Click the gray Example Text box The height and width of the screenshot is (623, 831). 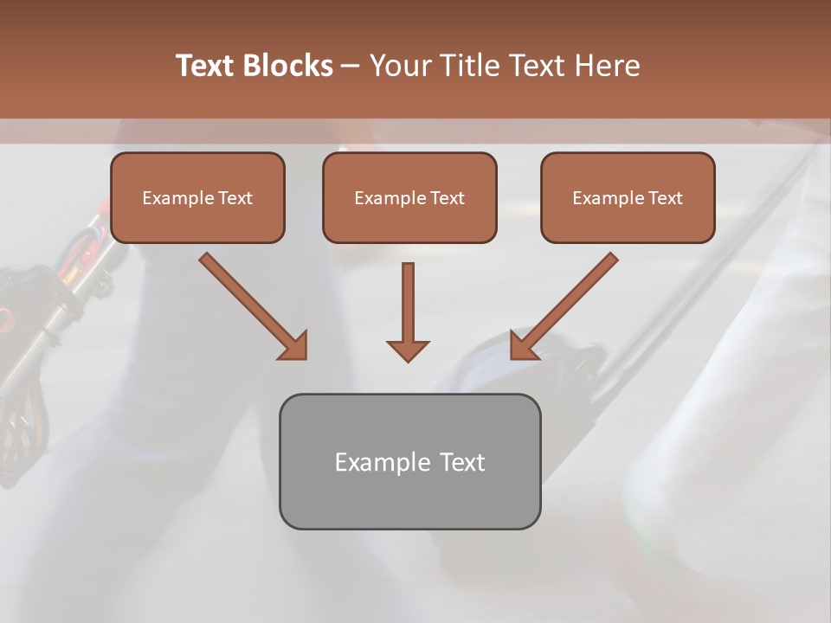(409, 498)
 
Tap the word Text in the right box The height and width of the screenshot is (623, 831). (665, 198)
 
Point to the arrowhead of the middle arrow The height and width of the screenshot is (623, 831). (408, 350)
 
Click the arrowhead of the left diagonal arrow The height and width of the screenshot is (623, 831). (295, 347)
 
